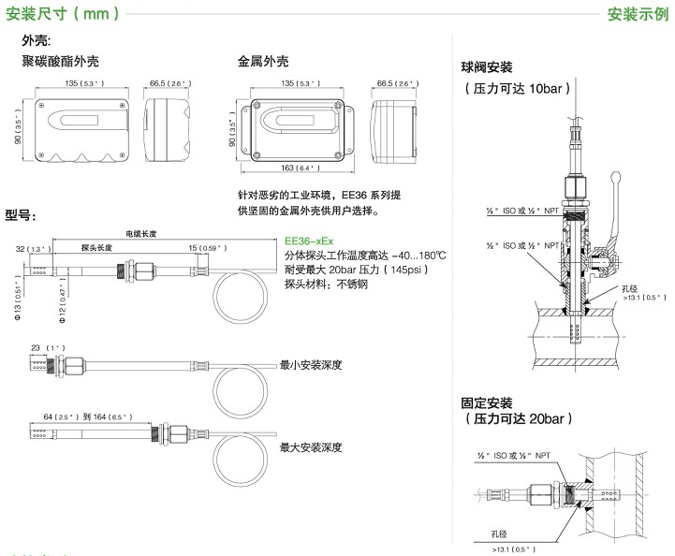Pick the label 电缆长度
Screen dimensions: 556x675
coord(141,233)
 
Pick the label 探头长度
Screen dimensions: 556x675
coord(96,248)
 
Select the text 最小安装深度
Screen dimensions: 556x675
coord(311,366)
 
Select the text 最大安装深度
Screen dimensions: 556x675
coord(311,447)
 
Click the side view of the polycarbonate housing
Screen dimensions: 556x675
coord(168,122)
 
